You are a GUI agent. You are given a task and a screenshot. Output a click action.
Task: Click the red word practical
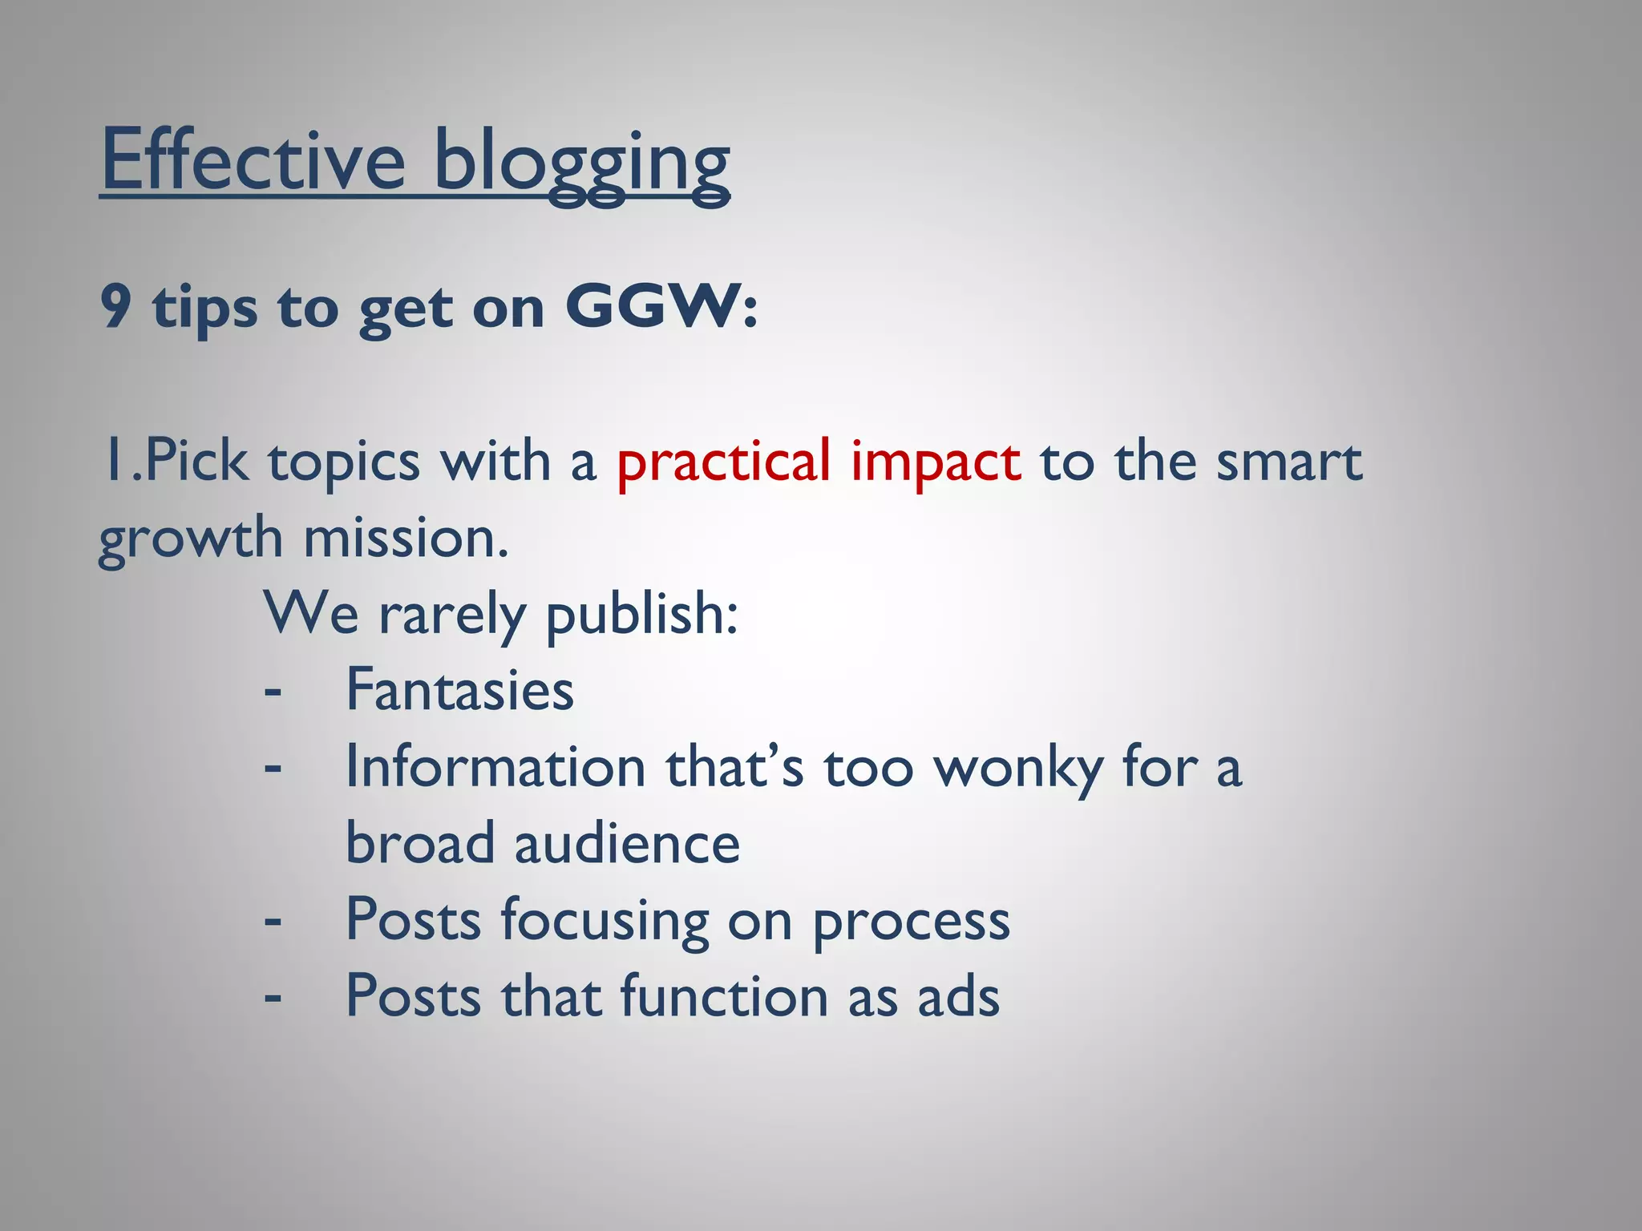pyautogui.click(x=723, y=463)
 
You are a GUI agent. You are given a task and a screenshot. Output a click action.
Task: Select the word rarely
pyautogui.click(x=452, y=615)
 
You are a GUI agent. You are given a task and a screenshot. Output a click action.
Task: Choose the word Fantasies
pyautogui.click(x=459, y=690)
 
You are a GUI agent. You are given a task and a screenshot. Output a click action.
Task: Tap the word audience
pyautogui.click(x=627, y=844)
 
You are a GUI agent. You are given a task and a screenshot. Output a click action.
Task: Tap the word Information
pyautogui.click(x=495, y=768)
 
